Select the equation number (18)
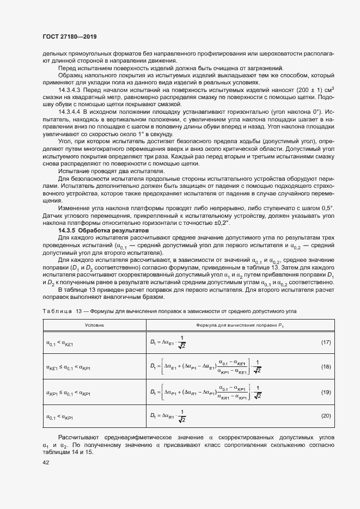coord(326,367)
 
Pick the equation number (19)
coord(326,391)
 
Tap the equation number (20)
coord(326,416)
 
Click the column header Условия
coord(94,324)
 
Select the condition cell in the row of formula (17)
coord(61,342)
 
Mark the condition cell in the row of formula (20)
coord(61,416)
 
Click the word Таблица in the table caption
coord(57,310)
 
